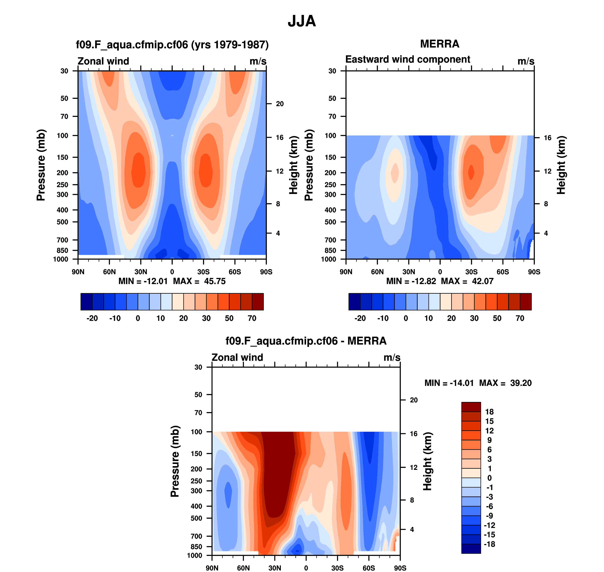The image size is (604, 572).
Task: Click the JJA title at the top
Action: (x=302, y=21)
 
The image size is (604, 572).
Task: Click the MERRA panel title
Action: (x=440, y=44)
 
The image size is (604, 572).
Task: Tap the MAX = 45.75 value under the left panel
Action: (x=200, y=281)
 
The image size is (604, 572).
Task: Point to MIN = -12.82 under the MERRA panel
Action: (x=411, y=281)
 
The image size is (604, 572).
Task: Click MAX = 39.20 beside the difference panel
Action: (x=505, y=383)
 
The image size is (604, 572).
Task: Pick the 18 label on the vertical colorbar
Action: (x=489, y=412)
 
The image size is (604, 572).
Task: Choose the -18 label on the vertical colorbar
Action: (x=489, y=544)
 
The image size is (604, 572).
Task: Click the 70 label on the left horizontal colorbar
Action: (x=252, y=318)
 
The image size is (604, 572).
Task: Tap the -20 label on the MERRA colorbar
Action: (x=360, y=318)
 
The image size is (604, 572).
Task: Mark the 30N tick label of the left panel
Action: (x=141, y=272)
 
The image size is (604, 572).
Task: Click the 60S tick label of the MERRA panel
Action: (x=503, y=272)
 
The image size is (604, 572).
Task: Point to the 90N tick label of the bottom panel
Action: (x=212, y=568)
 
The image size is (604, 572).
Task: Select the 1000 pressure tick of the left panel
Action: (x=61, y=259)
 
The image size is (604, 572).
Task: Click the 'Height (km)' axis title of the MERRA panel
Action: (x=561, y=165)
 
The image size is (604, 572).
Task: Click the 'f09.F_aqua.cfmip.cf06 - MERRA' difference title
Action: (x=306, y=341)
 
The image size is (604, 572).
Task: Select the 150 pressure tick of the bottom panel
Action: (x=197, y=453)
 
